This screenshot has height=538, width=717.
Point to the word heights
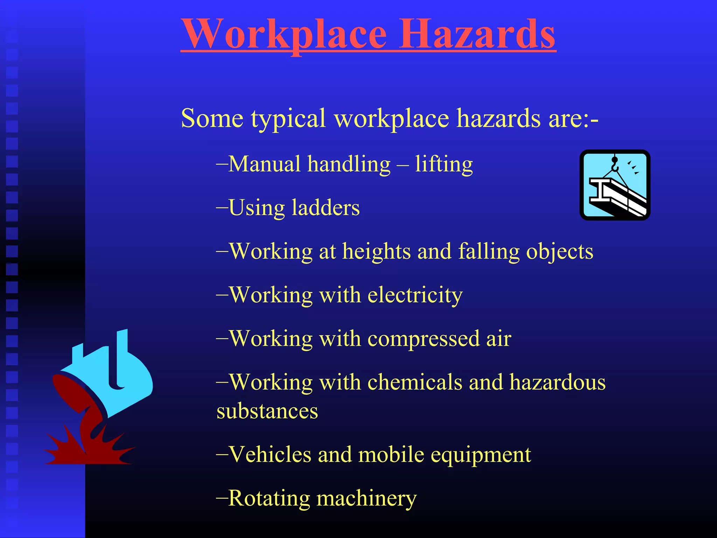[x=376, y=251]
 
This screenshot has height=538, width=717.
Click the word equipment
[x=480, y=455]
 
